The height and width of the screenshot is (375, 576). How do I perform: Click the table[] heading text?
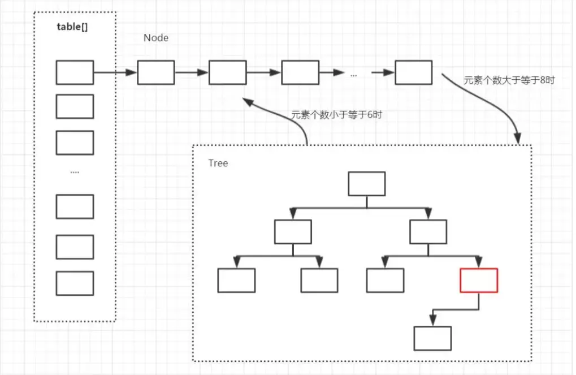(72, 27)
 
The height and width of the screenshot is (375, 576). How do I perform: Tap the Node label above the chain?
(156, 38)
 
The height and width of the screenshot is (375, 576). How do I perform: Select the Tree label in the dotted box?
(218, 163)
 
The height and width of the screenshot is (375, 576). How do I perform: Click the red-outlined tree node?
(479, 281)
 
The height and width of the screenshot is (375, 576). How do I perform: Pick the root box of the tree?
(366, 184)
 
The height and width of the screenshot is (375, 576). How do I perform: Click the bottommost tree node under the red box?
(432, 338)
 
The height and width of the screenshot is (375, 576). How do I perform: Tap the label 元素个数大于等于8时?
(509, 80)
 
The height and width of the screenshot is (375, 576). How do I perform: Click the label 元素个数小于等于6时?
(336, 114)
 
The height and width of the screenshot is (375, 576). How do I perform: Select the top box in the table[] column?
(75, 72)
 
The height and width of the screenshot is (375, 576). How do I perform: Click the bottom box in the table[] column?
(75, 283)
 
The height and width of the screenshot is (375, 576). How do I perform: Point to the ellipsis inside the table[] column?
(75, 171)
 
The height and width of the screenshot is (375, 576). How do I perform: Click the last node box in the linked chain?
(413, 72)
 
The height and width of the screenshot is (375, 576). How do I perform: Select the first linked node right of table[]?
(155, 72)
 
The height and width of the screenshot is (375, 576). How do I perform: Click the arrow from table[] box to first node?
(115, 72)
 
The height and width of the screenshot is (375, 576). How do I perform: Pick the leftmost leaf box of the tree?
(236, 281)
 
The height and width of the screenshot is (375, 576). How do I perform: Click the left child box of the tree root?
(293, 232)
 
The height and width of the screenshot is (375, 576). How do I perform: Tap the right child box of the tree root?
(428, 232)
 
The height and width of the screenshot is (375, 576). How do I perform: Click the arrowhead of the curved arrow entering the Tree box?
(517, 139)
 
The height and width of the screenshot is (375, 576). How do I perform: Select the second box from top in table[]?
(75, 106)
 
